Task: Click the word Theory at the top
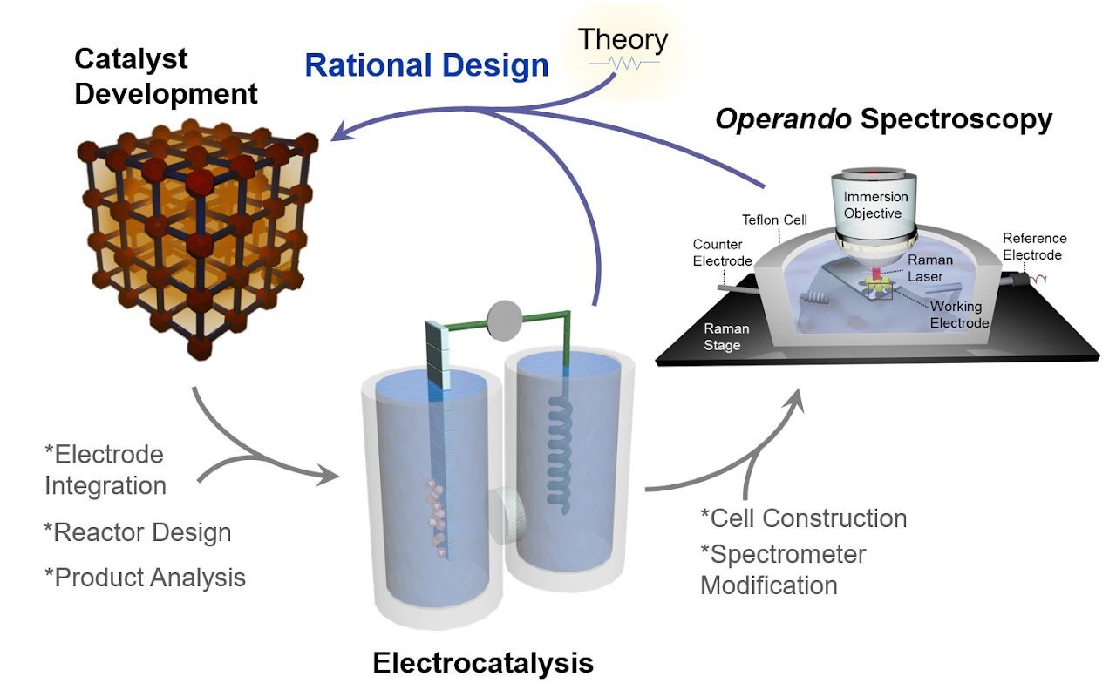coord(623,39)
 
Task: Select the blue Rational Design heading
coord(426,66)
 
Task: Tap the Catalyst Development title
coord(166,76)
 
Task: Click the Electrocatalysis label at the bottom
coord(482,663)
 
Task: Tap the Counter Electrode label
coord(723,252)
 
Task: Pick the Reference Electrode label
coord(1033,247)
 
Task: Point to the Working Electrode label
coord(959,315)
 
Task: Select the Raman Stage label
coord(723,337)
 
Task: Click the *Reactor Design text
coord(137,532)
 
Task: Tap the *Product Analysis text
coord(145,577)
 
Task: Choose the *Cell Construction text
coord(803,518)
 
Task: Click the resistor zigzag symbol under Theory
coord(623,63)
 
